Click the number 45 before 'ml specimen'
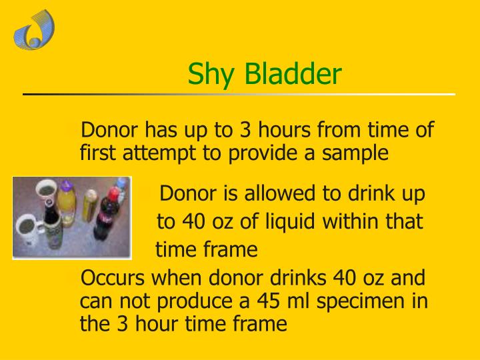tap(270, 302)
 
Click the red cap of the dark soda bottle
tap(113, 193)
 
